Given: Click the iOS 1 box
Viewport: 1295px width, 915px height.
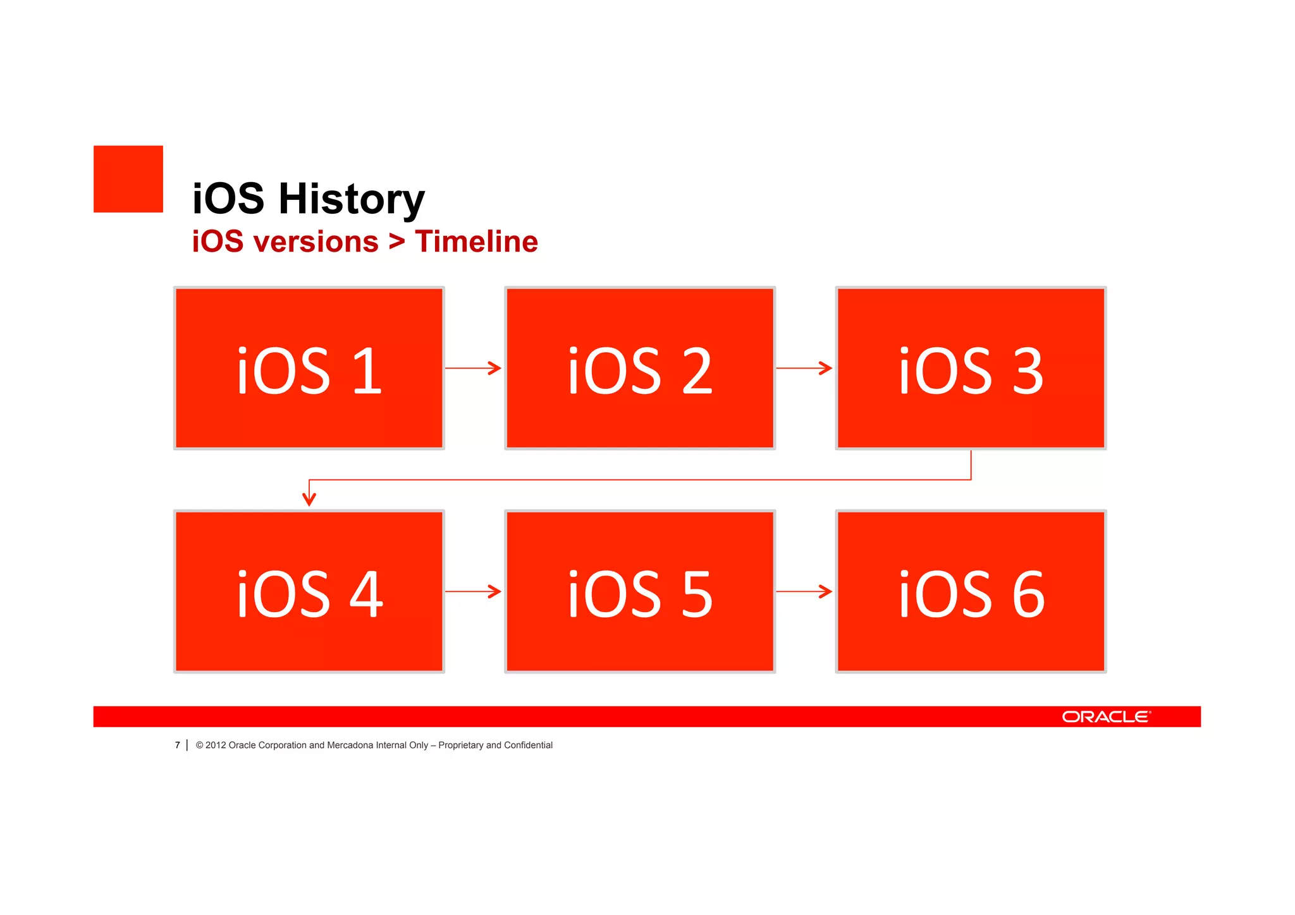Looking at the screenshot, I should click(x=309, y=368).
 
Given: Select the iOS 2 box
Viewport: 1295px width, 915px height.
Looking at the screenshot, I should click(x=640, y=368).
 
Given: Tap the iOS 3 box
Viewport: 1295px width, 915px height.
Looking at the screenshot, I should click(x=971, y=368).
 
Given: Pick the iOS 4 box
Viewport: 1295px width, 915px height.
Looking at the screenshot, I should click(x=309, y=591).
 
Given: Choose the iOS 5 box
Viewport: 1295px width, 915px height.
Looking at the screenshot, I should click(x=640, y=591).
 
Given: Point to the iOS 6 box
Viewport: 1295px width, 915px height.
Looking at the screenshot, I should click(x=971, y=591).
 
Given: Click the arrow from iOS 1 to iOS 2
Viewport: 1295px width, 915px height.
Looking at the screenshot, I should click(x=474, y=368).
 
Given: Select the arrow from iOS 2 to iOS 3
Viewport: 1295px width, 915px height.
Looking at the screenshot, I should click(x=804, y=368).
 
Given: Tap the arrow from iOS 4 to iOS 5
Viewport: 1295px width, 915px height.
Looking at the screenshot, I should click(x=474, y=591).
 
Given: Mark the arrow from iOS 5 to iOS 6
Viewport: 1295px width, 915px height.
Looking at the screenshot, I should click(x=804, y=591).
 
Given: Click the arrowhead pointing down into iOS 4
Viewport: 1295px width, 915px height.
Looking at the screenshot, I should click(x=309, y=500).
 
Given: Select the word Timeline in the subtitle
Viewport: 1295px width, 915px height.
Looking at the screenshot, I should click(x=476, y=242).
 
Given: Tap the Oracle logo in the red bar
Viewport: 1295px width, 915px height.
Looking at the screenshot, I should click(x=1106, y=716).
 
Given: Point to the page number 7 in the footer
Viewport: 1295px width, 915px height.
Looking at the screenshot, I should click(x=178, y=746).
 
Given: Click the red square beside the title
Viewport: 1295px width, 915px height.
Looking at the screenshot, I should click(x=128, y=179).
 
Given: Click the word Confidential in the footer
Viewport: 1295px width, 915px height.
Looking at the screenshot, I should click(x=528, y=746).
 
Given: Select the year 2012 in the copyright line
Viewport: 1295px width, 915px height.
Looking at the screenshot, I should click(x=216, y=746).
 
